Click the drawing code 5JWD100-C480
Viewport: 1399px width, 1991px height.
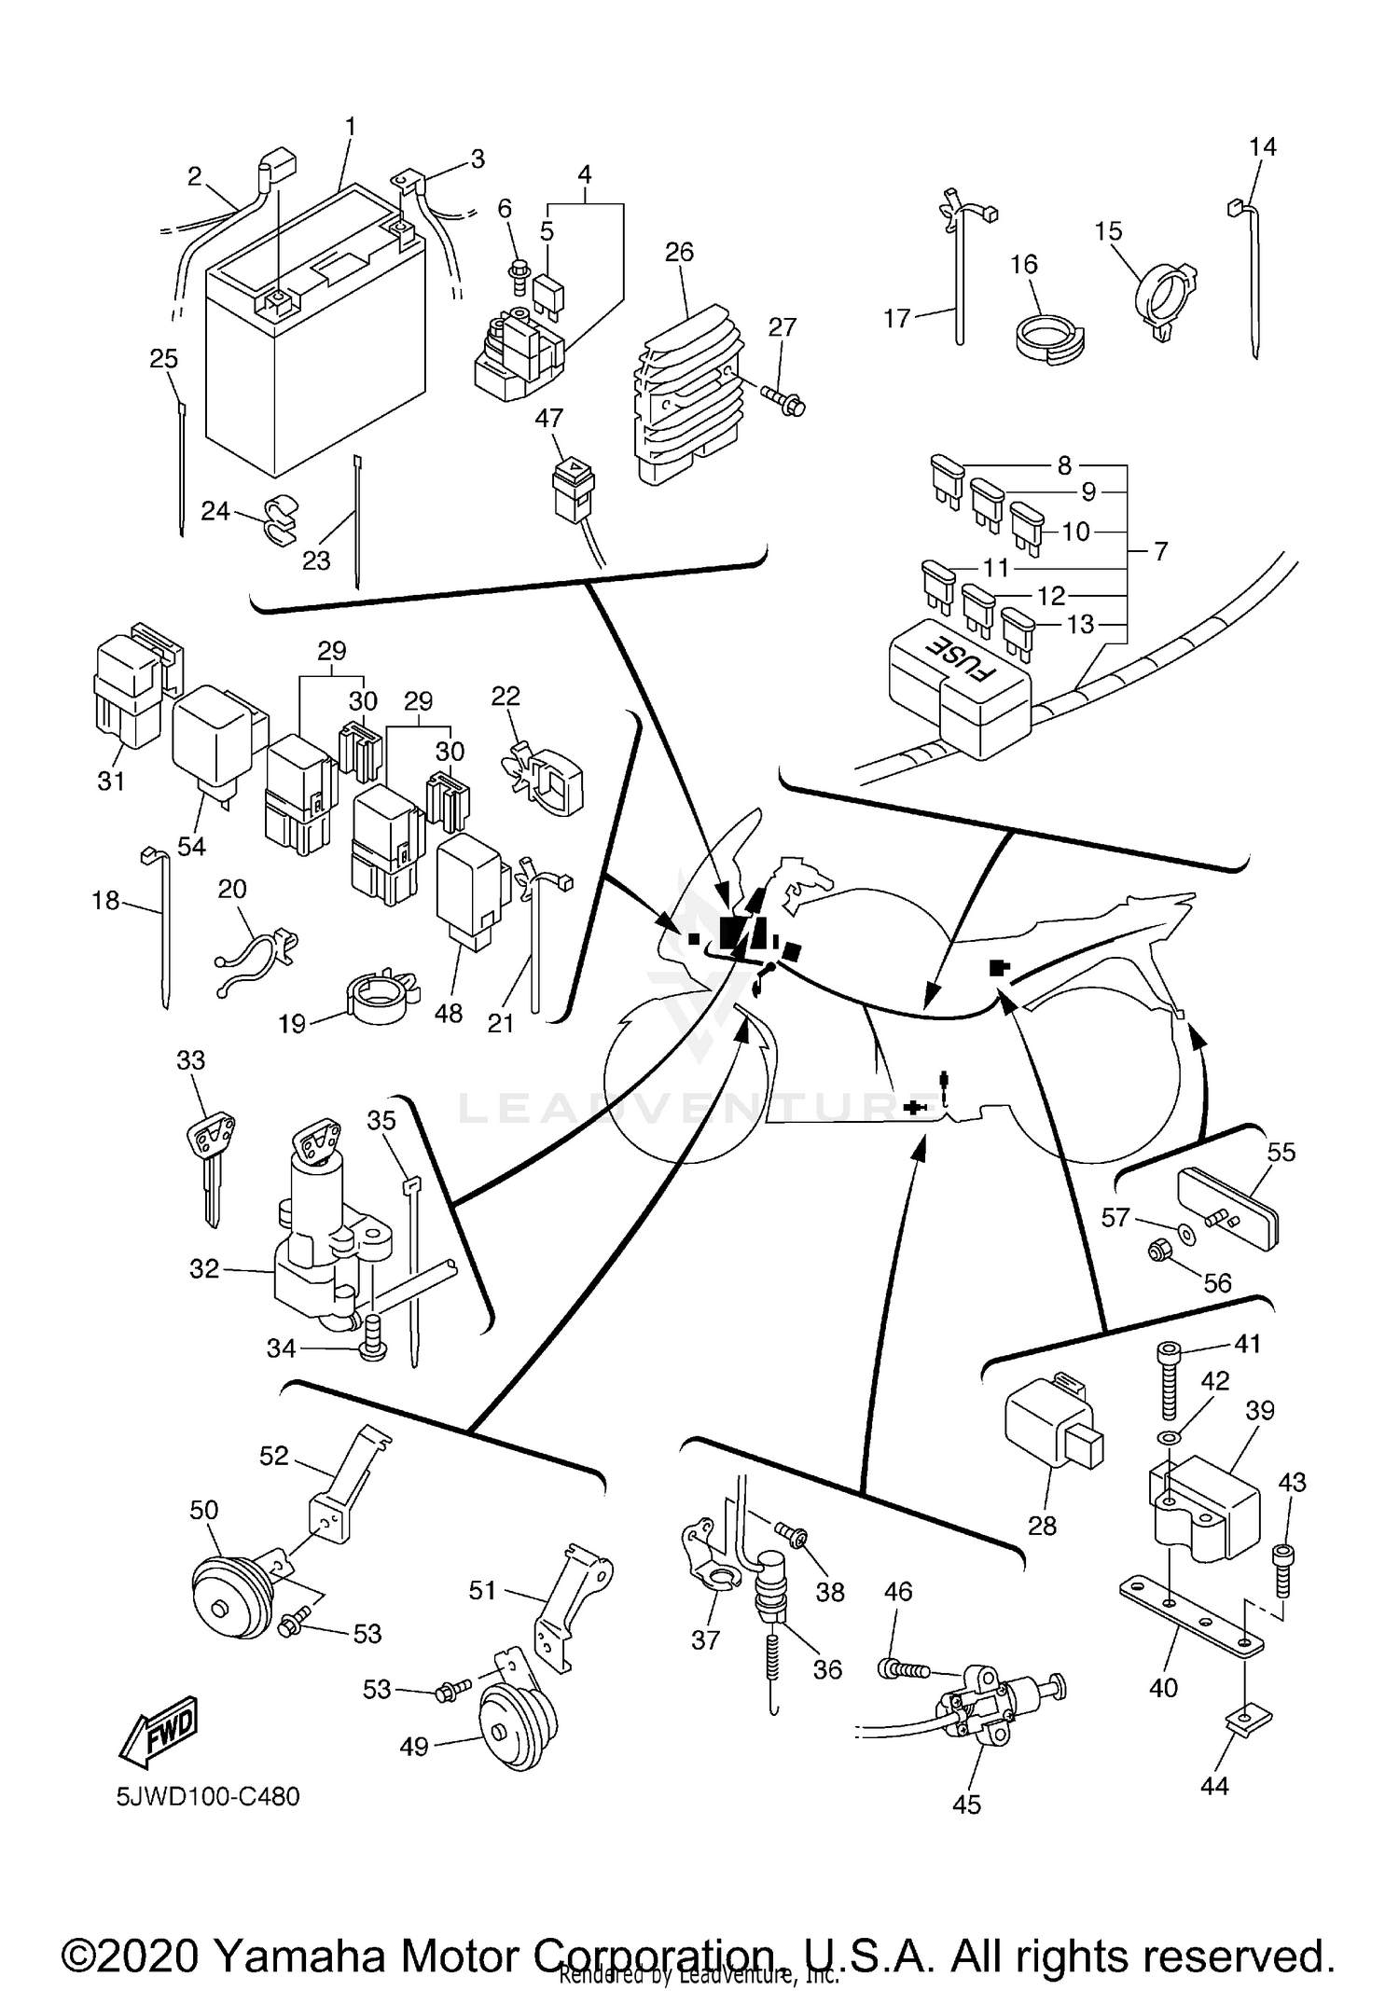208,1796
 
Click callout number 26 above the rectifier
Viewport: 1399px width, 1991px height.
679,252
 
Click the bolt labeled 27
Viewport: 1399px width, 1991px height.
785,401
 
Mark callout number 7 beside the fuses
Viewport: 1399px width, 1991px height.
1160,551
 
